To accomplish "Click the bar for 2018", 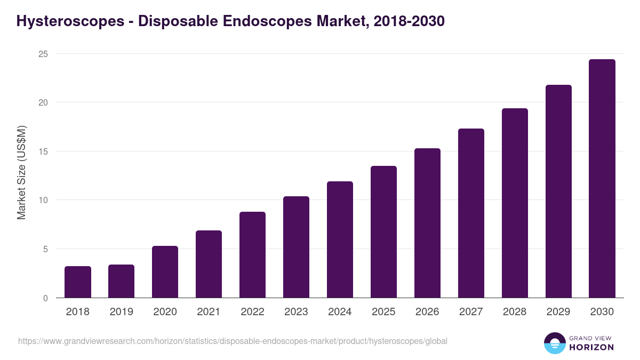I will tap(78, 282).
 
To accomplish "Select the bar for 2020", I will tap(165, 272).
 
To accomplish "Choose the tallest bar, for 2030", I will tap(602, 179).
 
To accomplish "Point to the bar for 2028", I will tap(515, 203).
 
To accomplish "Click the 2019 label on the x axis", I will tap(121, 312).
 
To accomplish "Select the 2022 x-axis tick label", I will tap(252, 312).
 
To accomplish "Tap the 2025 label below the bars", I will tap(383, 312).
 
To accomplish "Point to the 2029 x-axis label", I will tap(558, 312).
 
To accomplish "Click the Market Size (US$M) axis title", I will tap(21, 172).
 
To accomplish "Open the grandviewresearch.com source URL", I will tap(233, 341).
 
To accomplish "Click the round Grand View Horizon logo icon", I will tap(554, 343).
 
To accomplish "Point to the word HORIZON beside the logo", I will tap(591, 347).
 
